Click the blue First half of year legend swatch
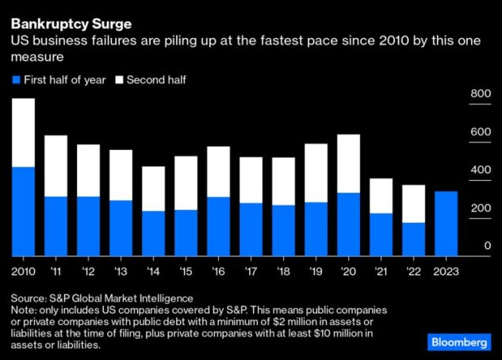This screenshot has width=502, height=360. (16, 80)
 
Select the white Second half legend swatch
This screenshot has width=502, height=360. (121, 80)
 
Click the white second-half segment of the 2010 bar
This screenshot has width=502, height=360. (23, 132)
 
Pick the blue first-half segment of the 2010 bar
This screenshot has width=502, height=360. (23, 212)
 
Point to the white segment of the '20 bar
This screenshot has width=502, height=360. (348, 163)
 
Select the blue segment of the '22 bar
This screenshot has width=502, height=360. (414, 239)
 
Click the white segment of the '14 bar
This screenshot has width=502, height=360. (153, 189)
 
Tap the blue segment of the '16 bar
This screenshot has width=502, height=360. (218, 227)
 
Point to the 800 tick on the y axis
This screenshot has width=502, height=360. (481, 94)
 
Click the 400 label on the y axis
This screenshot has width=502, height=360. (481, 170)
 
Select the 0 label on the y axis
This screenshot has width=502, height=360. (488, 247)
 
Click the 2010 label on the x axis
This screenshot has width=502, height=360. (23, 270)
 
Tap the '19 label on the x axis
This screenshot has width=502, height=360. (316, 270)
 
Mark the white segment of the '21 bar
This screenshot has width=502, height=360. (381, 196)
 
